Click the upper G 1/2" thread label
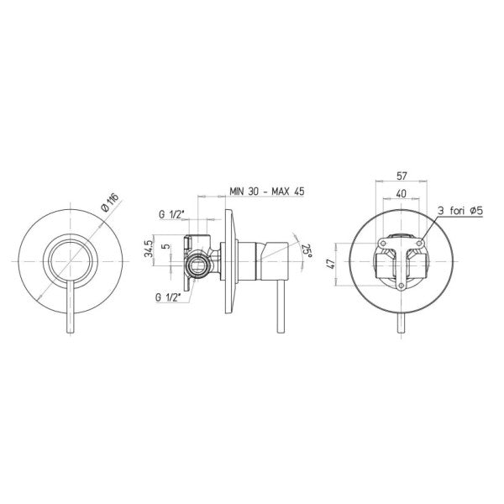(x=172, y=215)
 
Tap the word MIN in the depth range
(x=242, y=192)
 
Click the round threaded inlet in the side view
(x=197, y=269)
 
